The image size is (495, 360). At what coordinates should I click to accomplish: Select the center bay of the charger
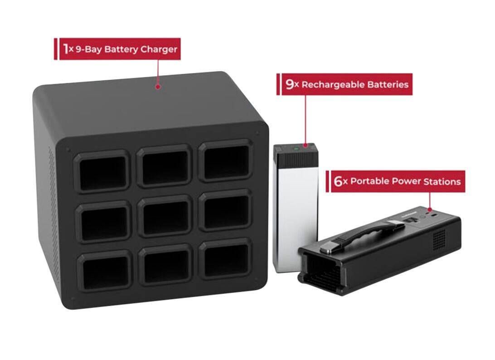(x=164, y=215)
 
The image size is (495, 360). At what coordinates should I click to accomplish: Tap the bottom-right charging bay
(x=226, y=259)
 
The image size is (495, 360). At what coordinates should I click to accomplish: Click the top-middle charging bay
(x=164, y=165)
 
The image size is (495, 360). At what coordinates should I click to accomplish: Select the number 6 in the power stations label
(x=338, y=181)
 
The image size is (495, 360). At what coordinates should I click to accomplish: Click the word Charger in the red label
(x=158, y=49)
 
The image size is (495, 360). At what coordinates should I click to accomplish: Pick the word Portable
(x=370, y=181)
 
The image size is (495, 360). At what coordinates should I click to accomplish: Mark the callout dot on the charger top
(x=158, y=86)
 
